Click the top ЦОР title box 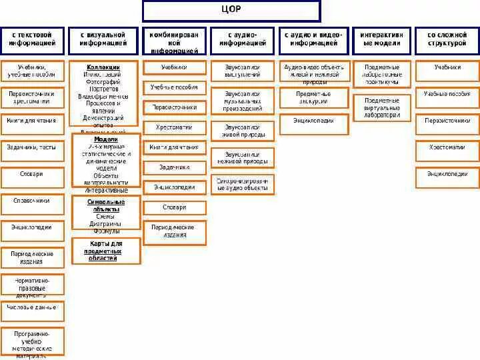click(231, 11)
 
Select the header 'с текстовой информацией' click(32, 39)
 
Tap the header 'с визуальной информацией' click(103, 39)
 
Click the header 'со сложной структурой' click(447, 39)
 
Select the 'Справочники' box click(32, 201)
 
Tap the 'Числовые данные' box click(32, 309)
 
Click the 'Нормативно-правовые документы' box click(32, 285)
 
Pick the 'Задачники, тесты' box click(32, 148)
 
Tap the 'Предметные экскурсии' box click(313, 97)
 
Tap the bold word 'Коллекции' click(103, 67)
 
